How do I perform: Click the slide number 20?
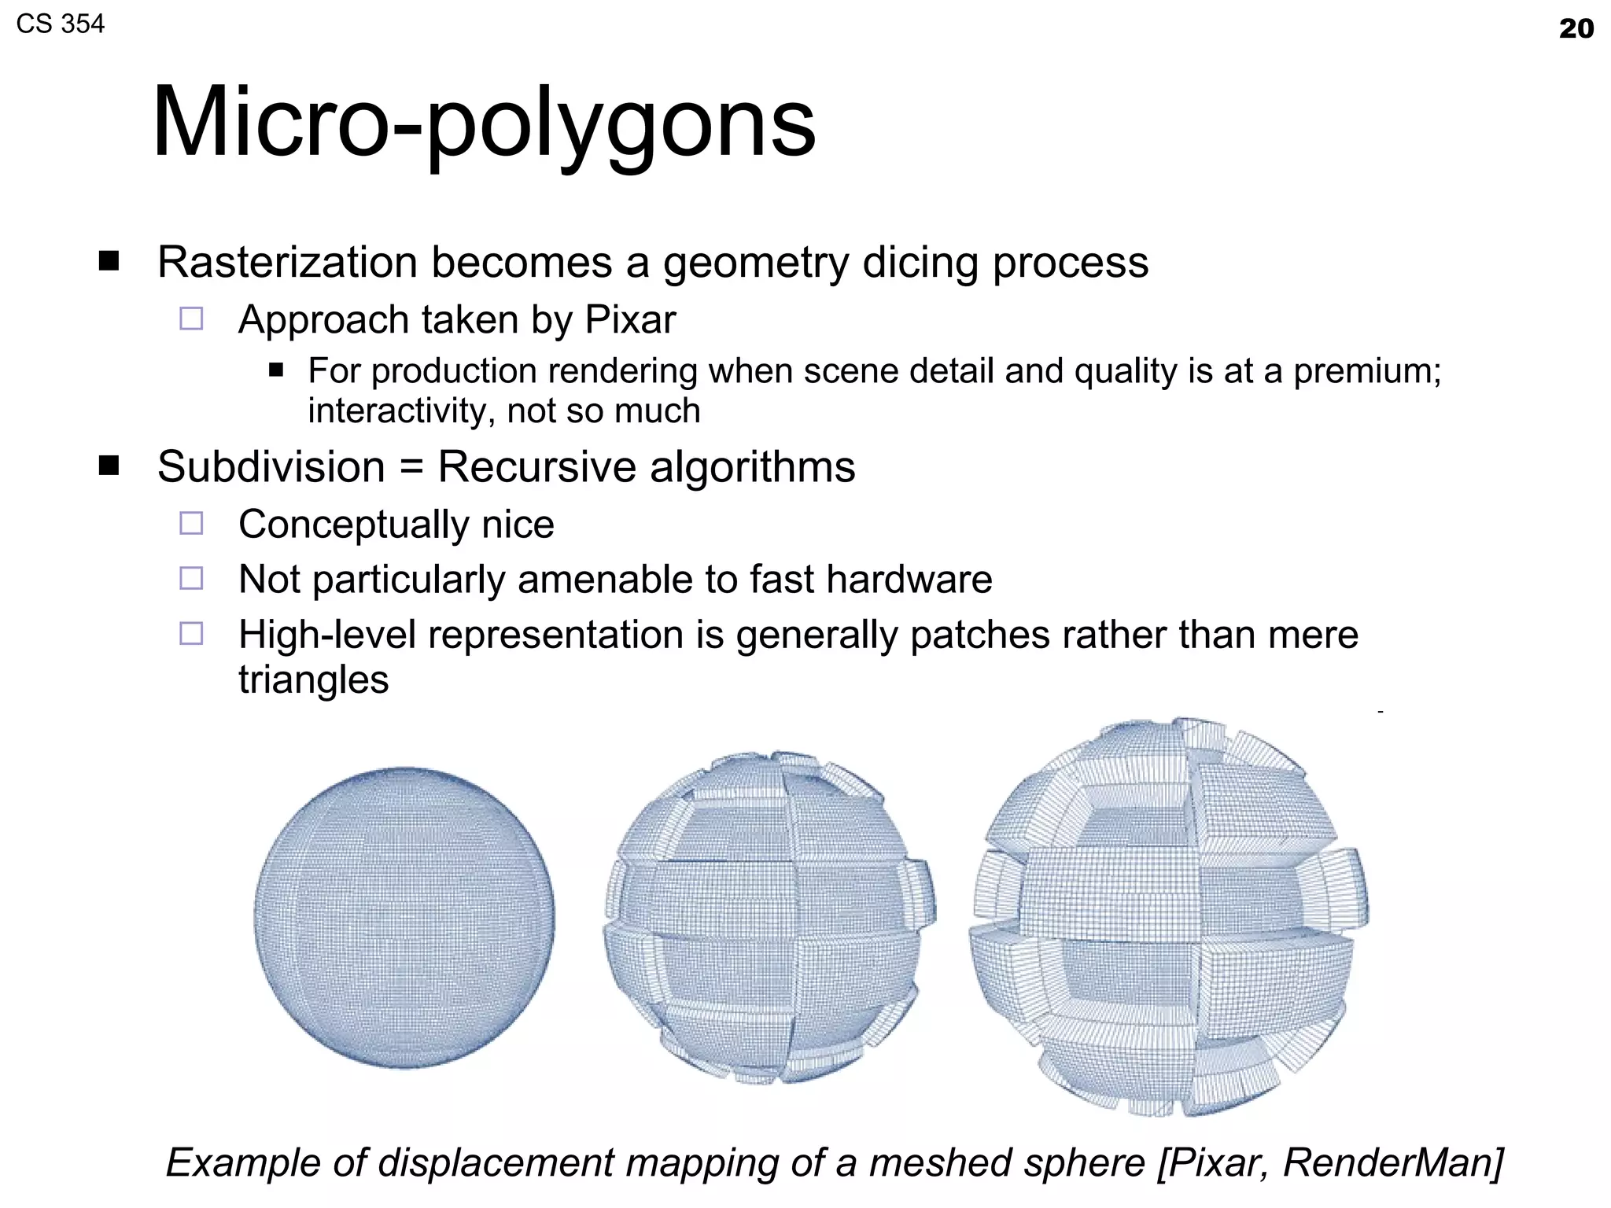[1576, 29]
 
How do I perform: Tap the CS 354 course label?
[60, 24]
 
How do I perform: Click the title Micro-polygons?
[484, 123]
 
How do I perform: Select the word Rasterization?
[287, 262]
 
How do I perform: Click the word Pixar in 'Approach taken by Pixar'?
[630, 319]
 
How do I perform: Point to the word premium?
[1367, 371]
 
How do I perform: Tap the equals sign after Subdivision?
[411, 467]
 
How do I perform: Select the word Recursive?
[536, 466]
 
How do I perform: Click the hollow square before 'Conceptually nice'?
[191, 524]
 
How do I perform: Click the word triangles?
[313, 679]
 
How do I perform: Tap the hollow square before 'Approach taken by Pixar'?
[191, 319]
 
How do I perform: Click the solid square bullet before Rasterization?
[109, 261]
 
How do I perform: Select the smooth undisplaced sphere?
[404, 918]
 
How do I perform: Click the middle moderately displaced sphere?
[769, 918]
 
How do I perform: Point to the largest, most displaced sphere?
[1170, 916]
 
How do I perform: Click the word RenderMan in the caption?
[1392, 1162]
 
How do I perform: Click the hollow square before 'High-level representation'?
[191, 634]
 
